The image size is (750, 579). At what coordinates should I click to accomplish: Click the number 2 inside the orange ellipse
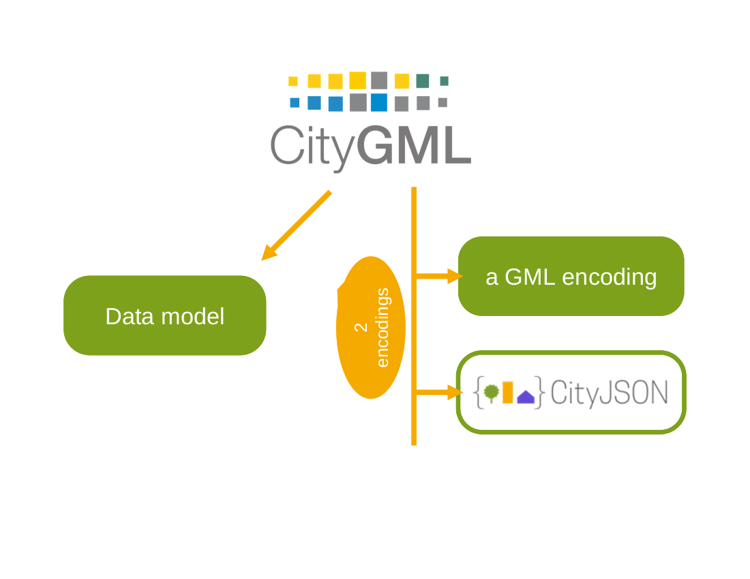pyautogui.click(x=361, y=327)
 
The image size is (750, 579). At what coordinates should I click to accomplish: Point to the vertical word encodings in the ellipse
pyautogui.click(x=382, y=327)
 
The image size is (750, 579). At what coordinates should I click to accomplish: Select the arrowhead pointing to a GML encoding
pyautogui.click(x=454, y=276)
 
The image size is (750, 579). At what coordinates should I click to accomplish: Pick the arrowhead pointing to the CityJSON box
pyautogui.click(x=454, y=392)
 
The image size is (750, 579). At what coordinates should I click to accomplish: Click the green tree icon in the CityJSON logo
pyautogui.click(x=491, y=392)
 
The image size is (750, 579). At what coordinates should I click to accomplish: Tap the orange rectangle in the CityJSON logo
pyautogui.click(x=507, y=392)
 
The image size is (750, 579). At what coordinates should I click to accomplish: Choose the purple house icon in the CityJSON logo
pyautogui.click(x=526, y=396)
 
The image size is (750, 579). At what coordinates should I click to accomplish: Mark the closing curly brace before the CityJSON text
pyautogui.click(x=539, y=392)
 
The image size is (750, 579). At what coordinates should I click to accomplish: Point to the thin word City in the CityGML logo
pyautogui.click(x=312, y=146)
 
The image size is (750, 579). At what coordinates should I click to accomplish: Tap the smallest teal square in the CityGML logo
pyautogui.click(x=444, y=81)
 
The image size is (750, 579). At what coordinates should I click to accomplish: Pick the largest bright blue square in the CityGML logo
pyautogui.click(x=378, y=102)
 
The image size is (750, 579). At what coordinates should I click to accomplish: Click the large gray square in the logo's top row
pyautogui.click(x=379, y=80)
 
